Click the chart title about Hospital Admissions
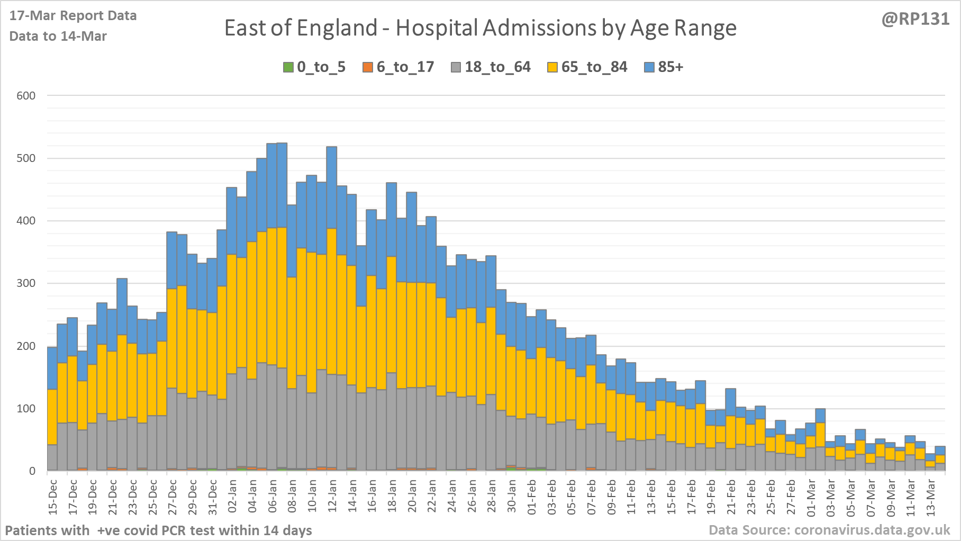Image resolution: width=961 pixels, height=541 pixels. pyautogui.click(x=480, y=28)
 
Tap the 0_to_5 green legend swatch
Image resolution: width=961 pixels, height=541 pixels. pyautogui.click(x=288, y=67)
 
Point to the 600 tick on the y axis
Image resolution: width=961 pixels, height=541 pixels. pyautogui.click(x=26, y=96)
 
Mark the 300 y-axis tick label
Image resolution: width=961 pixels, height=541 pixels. pyautogui.click(x=26, y=283)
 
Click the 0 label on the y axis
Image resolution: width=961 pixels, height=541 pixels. pyautogui.click(x=32, y=471)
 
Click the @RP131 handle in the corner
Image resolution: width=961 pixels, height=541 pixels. pyautogui.click(x=915, y=19)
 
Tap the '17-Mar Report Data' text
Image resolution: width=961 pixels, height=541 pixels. pyautogui.click(x=73, y=16)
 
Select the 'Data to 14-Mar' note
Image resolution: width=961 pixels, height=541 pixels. pyautogui.click(x=58, y=37)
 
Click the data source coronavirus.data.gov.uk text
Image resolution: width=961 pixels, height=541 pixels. pyautogui.click(x=829, y=530)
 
